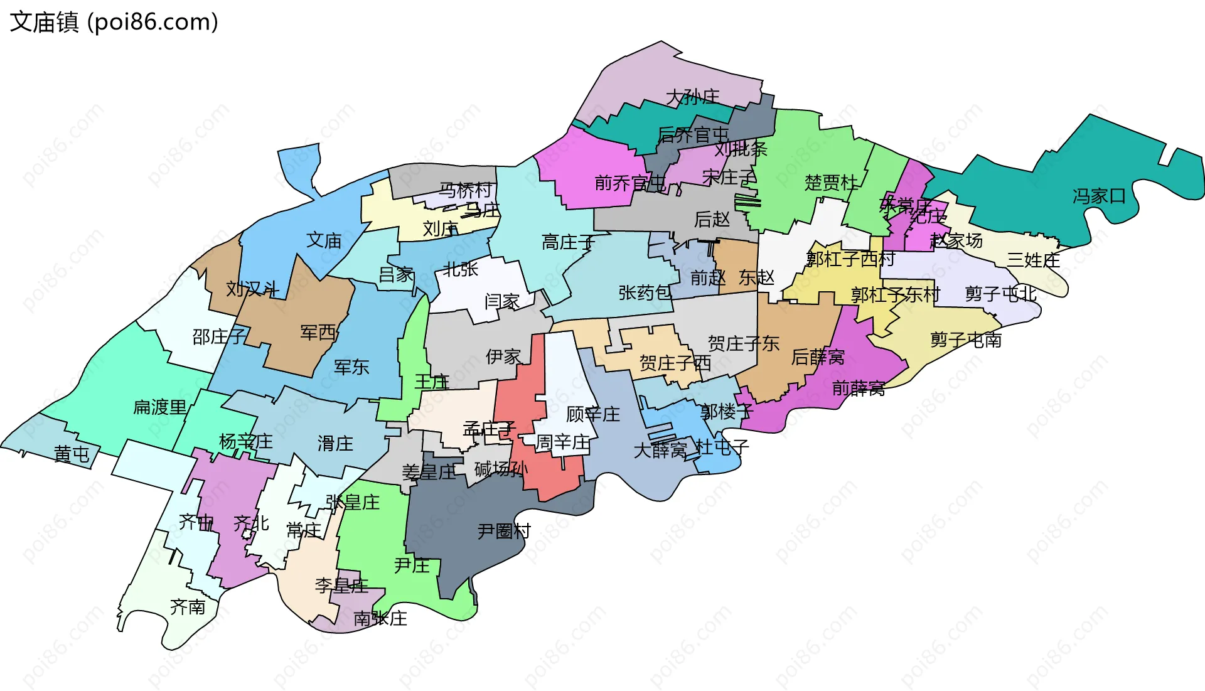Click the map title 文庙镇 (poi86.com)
[114, 22]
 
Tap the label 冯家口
[1099, 196]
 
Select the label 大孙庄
[692, 97]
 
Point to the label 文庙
[324, 240]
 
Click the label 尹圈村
[504, 531]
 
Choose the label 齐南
[188, 607]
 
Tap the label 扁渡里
[160, 407]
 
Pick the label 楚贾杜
[831, 183]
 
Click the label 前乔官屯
[629, 183]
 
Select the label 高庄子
[569, 242]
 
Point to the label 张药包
[645, 292]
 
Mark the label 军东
[351, 367]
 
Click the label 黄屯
[72, 454]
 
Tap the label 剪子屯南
[966, 340]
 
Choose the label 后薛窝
[818, 357]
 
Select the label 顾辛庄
[593, 414]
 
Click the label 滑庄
[335, 444]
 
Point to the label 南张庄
[380, 618]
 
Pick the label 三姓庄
[1034, 260]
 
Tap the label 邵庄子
[219, 337]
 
